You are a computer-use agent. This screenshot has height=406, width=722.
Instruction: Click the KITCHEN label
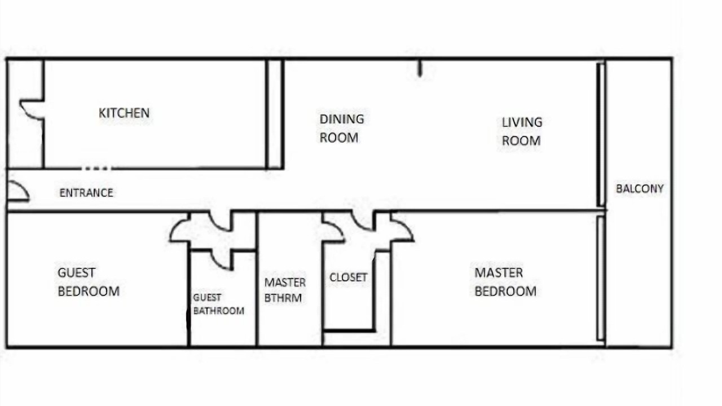124,113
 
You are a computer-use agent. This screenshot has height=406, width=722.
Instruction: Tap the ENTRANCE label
86,193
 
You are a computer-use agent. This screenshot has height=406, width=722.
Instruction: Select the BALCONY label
640,189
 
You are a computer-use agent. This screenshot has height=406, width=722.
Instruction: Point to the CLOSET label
349,277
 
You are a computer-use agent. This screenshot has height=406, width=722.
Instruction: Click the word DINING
342,119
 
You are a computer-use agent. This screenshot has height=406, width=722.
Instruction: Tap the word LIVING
522,122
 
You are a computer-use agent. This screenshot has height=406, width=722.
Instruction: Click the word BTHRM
283,298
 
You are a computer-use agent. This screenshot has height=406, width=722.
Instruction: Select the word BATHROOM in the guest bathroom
219,311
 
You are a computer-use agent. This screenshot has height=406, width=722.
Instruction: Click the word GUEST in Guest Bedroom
76,273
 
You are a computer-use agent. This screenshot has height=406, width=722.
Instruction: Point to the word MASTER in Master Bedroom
499,273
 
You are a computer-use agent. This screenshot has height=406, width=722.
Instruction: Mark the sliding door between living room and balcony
601,135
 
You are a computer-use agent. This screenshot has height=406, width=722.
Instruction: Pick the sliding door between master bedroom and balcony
600,279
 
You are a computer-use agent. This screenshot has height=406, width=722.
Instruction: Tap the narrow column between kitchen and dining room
275,114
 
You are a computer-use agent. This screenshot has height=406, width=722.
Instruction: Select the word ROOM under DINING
339,138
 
